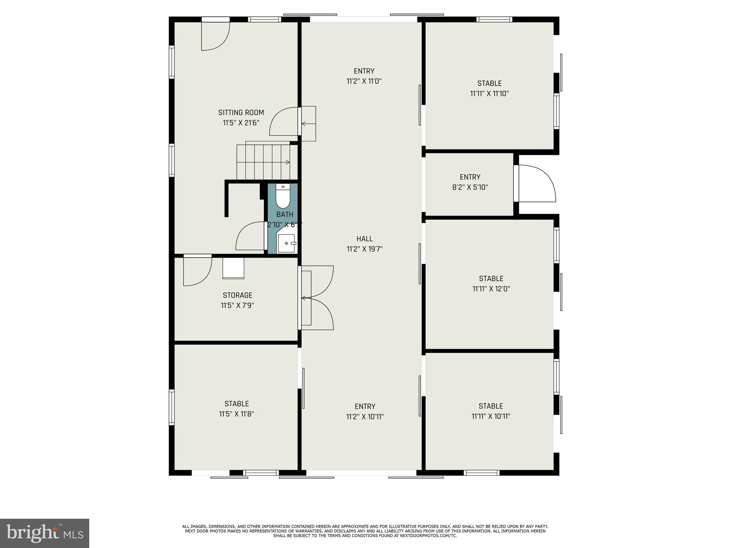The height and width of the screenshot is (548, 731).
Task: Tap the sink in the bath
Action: click(287, 243)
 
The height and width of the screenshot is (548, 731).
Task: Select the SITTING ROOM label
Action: click(241, 113)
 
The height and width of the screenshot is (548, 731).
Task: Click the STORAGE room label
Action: click(237, 295)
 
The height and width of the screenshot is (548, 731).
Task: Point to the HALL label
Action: click(365, 239)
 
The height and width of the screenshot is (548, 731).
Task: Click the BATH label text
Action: click(285, 214)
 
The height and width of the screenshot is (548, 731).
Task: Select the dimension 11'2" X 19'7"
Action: click(365, 249)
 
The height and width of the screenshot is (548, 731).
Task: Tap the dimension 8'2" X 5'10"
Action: click(470, 187)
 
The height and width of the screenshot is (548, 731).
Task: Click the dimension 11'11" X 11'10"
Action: click(489, 94)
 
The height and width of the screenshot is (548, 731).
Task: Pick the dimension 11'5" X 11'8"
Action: click(237, 414)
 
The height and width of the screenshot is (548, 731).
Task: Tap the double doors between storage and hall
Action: click(316, 298)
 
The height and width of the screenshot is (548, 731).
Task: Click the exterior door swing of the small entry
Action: click(535, 183)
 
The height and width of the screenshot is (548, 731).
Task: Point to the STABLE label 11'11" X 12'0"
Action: click(491, 284)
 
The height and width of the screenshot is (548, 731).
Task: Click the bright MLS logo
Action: click(45, 533)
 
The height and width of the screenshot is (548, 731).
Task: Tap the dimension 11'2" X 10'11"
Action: click(365, 417)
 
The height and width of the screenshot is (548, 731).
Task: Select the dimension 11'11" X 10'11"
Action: click(491, 416)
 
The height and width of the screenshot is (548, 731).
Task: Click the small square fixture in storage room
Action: click(233, 268)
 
